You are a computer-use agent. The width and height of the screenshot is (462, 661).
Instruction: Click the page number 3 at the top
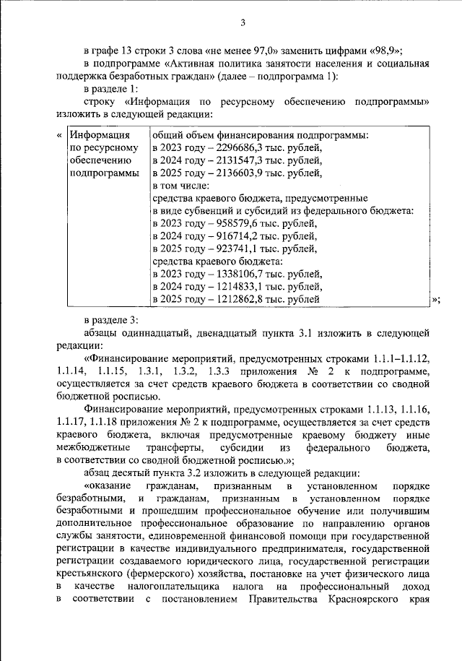pos(243,22)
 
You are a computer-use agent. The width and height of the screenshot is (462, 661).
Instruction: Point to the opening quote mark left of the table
pos(58,135)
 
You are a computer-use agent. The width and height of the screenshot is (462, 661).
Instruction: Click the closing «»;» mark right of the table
pos(435,300)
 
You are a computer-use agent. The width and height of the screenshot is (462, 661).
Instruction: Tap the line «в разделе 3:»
pos(110,320)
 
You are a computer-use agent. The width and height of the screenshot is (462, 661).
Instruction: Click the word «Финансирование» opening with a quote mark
pos(128,358)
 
